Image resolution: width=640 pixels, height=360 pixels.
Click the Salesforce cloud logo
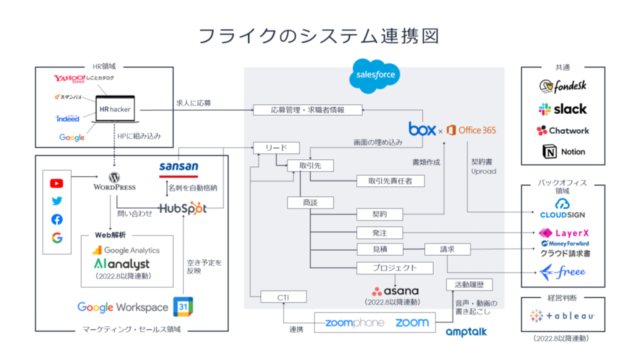(375, 76)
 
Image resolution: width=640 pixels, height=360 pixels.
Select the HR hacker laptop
(115, 109)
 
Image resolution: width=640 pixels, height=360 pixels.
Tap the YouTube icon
(57, 183)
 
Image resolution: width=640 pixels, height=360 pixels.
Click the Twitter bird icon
(57, 201)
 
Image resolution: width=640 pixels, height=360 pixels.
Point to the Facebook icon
(57, 219)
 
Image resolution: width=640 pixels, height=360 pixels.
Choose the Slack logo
(562, 109)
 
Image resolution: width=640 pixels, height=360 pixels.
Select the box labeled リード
(276, 147)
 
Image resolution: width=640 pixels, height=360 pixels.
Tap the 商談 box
(310, 202)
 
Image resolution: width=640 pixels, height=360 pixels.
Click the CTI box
(283, 297)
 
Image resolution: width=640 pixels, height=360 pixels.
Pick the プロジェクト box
(395, 267)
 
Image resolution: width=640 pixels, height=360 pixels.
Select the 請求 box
(447, 249)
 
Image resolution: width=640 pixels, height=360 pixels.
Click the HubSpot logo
(183, 209)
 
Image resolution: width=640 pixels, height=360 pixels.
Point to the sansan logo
(179, 169)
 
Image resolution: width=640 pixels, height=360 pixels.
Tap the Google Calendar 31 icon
(183, 306)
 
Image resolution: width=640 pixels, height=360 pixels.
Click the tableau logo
(562, 316)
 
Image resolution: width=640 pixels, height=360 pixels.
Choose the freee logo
(562, 272)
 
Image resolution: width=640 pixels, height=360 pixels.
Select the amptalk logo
(466, 332)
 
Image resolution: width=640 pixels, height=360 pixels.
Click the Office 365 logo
(471, 130)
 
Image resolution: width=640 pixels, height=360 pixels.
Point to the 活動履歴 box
(469, 284)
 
